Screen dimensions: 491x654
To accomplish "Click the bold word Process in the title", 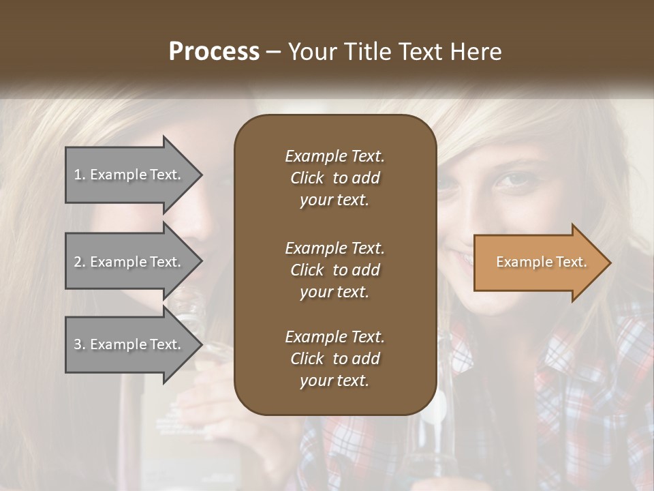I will click(214, 52).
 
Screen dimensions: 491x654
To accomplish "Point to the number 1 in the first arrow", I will click(77, 175).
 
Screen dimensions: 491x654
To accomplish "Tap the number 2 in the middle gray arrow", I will click(77, 262).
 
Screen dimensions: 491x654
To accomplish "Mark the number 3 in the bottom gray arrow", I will click(77, 344).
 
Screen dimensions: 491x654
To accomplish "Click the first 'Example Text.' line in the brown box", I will click(334, 156).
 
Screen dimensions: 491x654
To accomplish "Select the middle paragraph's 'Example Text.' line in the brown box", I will click(334, 248).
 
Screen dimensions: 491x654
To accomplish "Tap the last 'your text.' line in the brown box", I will click(334, 381).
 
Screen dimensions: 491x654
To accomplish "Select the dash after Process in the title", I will click(273, 52).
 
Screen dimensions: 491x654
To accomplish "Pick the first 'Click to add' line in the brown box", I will click(334, 178).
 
